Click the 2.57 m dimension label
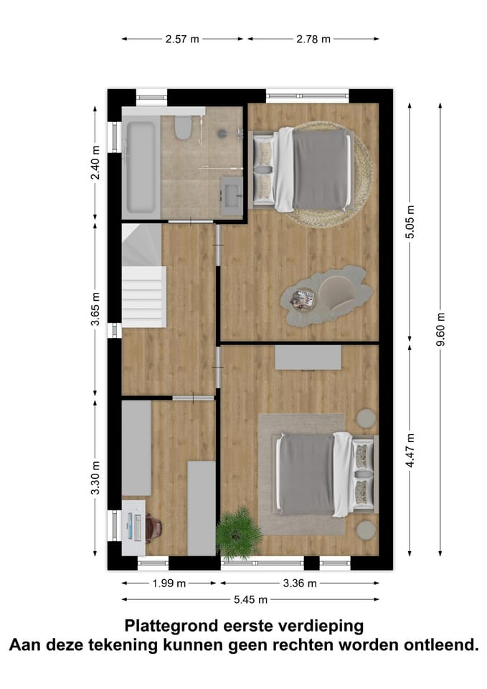click(x=182, y=39)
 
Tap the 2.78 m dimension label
click(x=313, y=39)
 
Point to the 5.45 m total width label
click(x=250, y=599)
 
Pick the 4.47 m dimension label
click(x=410, y=449)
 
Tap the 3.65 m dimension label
click(x=95, y=309)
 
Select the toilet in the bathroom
click(x=183, y=128)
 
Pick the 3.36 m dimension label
click(x=300, y=583)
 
